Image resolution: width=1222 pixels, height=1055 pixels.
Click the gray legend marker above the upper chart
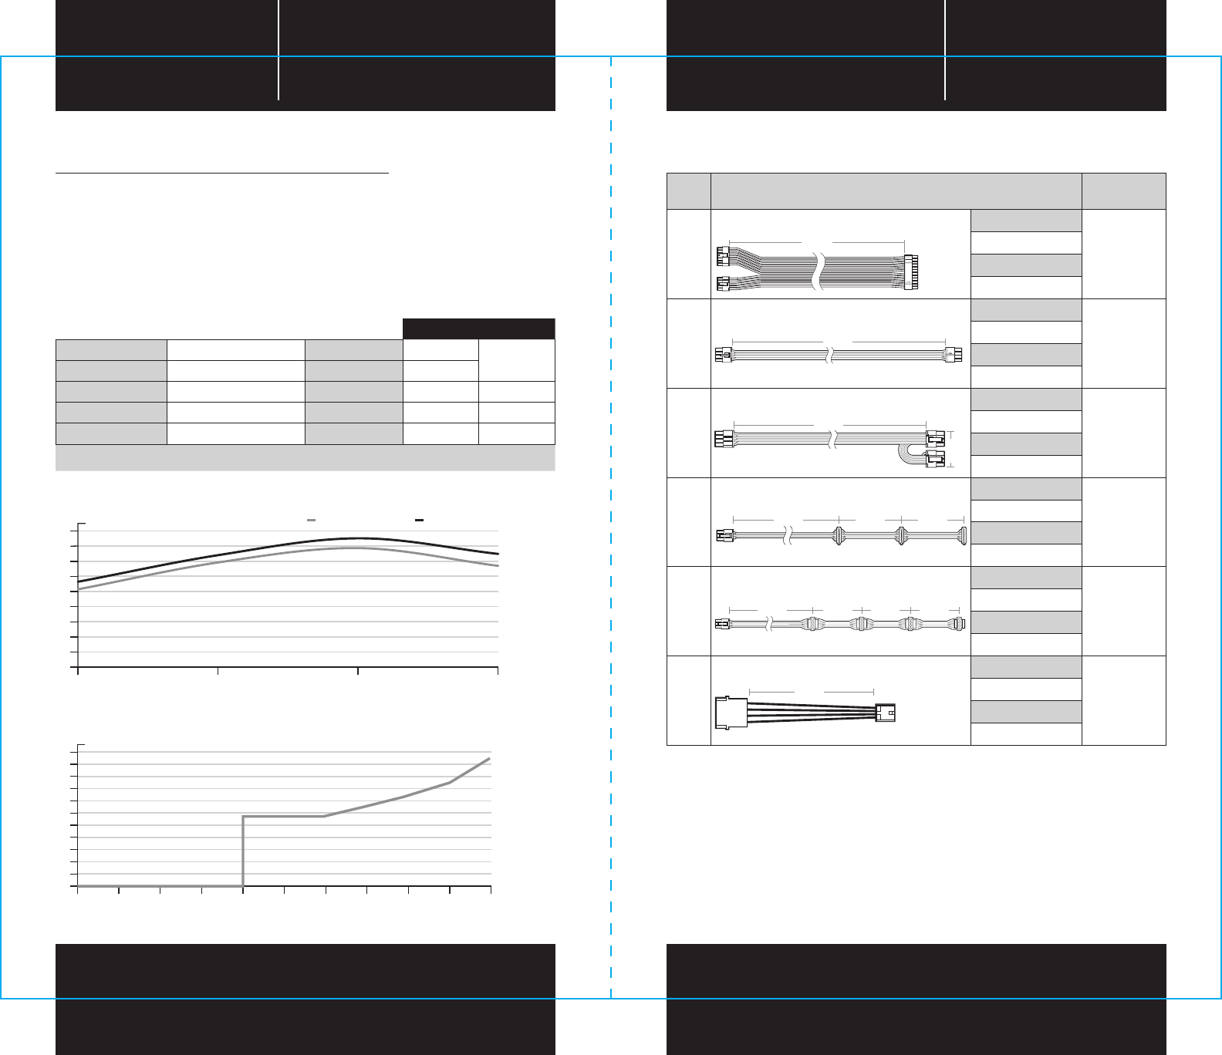(x=311, y=521)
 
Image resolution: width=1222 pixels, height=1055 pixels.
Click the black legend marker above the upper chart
(x=419, y=521)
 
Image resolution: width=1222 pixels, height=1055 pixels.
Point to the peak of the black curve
(x=356, y=538)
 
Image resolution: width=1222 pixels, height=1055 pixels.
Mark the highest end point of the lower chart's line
(x=489, y=759)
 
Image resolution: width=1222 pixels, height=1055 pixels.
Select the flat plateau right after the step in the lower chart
(x=283, y=816)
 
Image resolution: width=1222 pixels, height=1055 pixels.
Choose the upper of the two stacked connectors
(x=934, y=439)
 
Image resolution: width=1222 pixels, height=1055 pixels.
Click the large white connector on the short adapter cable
(x=731, y=713)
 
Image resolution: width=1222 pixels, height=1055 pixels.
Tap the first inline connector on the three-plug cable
(x=839, y=535)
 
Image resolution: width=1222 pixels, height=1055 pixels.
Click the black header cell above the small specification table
(x=478, y=329)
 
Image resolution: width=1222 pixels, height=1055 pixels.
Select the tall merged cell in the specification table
(x=516, y=360)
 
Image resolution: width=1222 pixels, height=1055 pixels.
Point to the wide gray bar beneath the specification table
(x=305, y=458)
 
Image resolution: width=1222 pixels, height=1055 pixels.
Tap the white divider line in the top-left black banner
(x=278, y=50)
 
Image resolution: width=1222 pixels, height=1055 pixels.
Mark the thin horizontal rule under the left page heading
(x=222, y=174)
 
